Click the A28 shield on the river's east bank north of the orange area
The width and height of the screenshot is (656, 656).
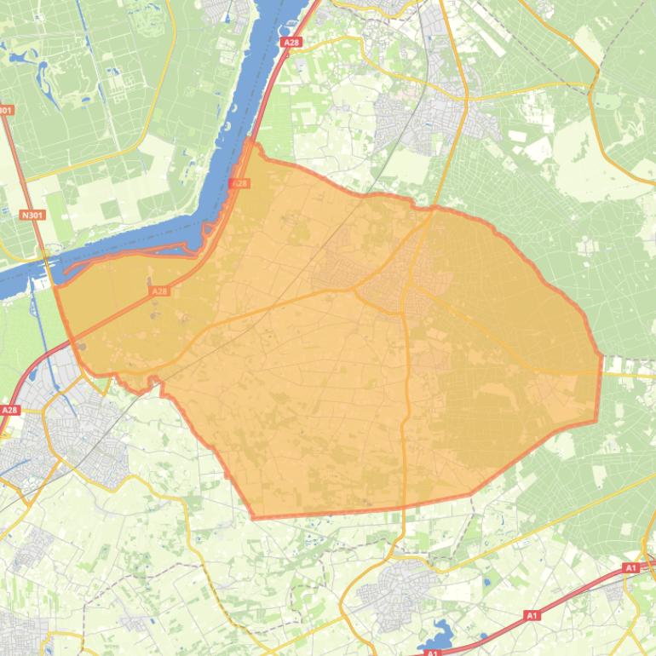(291, 41)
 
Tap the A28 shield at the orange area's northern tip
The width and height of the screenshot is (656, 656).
(240, 183)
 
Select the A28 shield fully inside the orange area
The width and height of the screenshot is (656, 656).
(158, 291)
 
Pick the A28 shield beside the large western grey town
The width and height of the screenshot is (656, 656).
(9, 410)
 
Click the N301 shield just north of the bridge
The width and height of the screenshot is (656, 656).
(32, 216)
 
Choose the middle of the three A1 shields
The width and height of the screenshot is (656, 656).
(532, 615)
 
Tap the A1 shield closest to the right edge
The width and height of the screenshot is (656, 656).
(630, 567)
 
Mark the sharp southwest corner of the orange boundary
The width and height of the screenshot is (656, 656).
(254, 517)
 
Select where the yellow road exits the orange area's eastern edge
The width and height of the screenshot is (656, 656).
(600, 372)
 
